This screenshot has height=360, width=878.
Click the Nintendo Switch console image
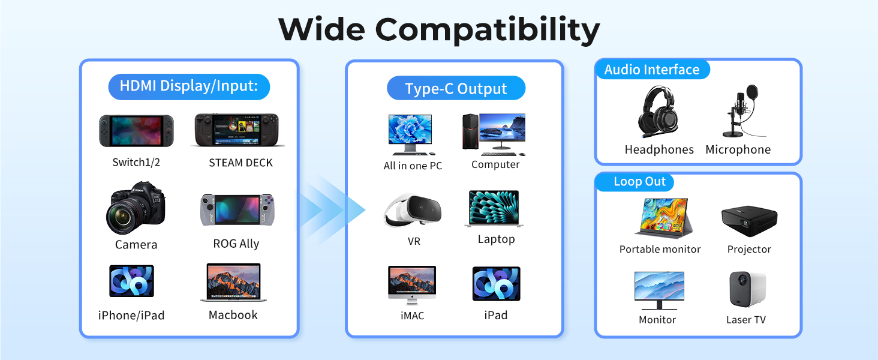click(x=136, y=131)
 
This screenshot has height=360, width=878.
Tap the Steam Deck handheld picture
click(x=237, y=130)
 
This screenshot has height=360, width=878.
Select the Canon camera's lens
click(x=123, y=217)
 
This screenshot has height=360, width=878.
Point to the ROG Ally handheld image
click(x=237, y=210)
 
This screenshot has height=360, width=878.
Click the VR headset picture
click(x=413, y=210)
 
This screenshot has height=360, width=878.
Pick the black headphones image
click(x=659, y=112)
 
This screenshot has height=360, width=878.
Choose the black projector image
click(x=749, y=220)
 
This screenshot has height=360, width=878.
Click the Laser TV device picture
click(x=747, y=289)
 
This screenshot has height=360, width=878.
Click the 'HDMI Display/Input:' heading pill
click(x=189, y=86)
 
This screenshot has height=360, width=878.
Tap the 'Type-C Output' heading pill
click(x=456, y=88)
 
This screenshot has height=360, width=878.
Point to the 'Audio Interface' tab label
click(x=652, y=70)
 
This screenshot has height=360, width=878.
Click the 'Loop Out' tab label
click(x=639, y=182)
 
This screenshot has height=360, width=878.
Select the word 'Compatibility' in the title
click(x=488, y=30)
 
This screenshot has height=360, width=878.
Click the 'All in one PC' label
click(x=413, y=166)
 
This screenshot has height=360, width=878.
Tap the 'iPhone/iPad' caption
click(x=131, y=315)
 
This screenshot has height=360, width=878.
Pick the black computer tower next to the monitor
click(x=470, y=131)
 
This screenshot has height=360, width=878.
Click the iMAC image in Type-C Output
click(x=412, y=285)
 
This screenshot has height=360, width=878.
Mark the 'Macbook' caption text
click(x=233, y=315)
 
